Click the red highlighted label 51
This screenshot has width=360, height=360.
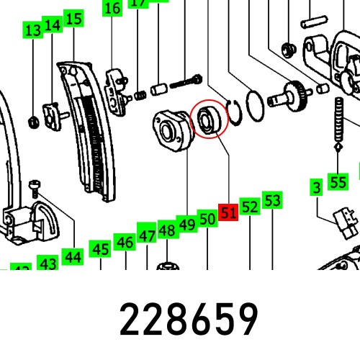(x=229, y=213)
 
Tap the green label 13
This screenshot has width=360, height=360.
(x=32, y=31)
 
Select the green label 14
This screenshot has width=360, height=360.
(x=52, y=26)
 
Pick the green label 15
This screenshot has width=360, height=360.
(x=73, y=19)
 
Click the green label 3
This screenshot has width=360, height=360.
(x=315, y=189)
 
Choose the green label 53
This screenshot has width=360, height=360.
(x=271, y=200)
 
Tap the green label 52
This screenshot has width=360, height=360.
(x=250, y=207)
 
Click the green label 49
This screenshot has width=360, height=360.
(x=187, y=225)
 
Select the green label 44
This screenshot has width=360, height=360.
(x=72, y=256)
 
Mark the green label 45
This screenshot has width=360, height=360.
(x=100, y=250)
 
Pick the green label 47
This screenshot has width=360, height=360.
(x=147, y=235)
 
